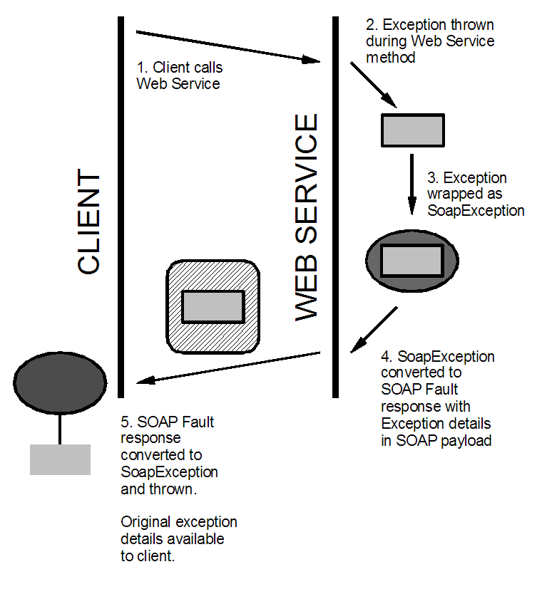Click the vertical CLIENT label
(89, 222)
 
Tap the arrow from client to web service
(228, 47)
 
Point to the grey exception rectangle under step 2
(412, 130)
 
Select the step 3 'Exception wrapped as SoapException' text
(475, 194)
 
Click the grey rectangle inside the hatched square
(213, 306)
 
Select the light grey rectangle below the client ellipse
(60, 459)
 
